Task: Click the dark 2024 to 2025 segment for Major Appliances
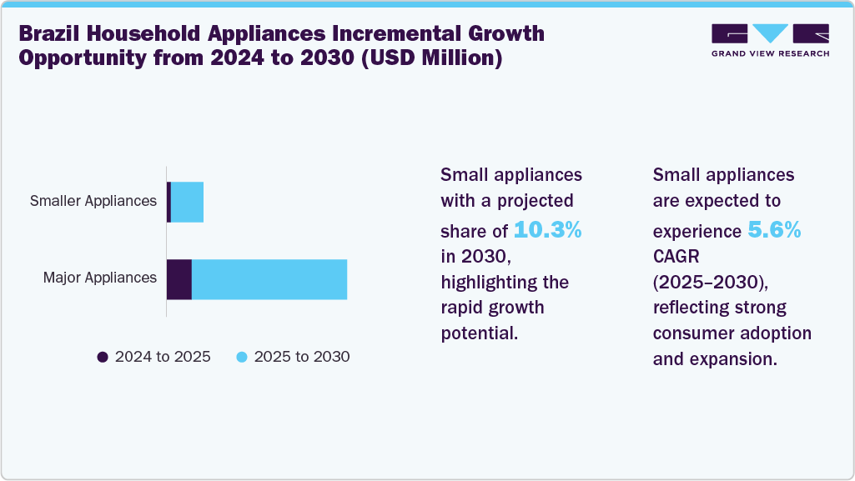(x=179, y=279)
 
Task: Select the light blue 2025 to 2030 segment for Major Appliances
(x=269, y=279)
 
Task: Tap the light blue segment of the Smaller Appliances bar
(x=187, y=202)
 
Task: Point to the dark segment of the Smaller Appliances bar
(x=168, y=202)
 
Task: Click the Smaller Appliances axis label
(x=93, y=201)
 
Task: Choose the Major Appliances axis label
(x=100, y=278)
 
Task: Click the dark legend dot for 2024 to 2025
(x=103, y=357)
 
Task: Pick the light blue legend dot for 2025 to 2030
(x=242, y=357)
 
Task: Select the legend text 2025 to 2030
(x=302, y=357)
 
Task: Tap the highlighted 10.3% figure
(x=547, y=230)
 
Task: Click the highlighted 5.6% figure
(x=773, y=230)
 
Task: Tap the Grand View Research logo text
(x=770, y=53)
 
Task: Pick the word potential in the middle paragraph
(x=480, y=334)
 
